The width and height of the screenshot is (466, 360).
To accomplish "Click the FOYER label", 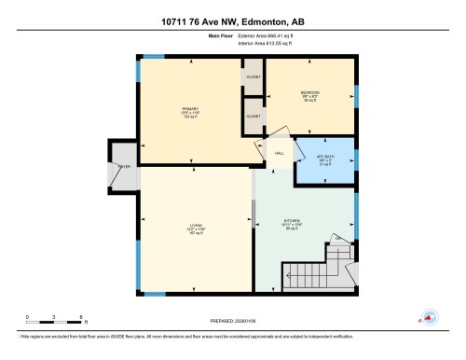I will [x=122, y=167].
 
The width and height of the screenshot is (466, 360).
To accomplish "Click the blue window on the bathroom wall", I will [x=356, y=159].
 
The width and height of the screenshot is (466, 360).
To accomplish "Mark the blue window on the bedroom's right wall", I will [x=356, y=96].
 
